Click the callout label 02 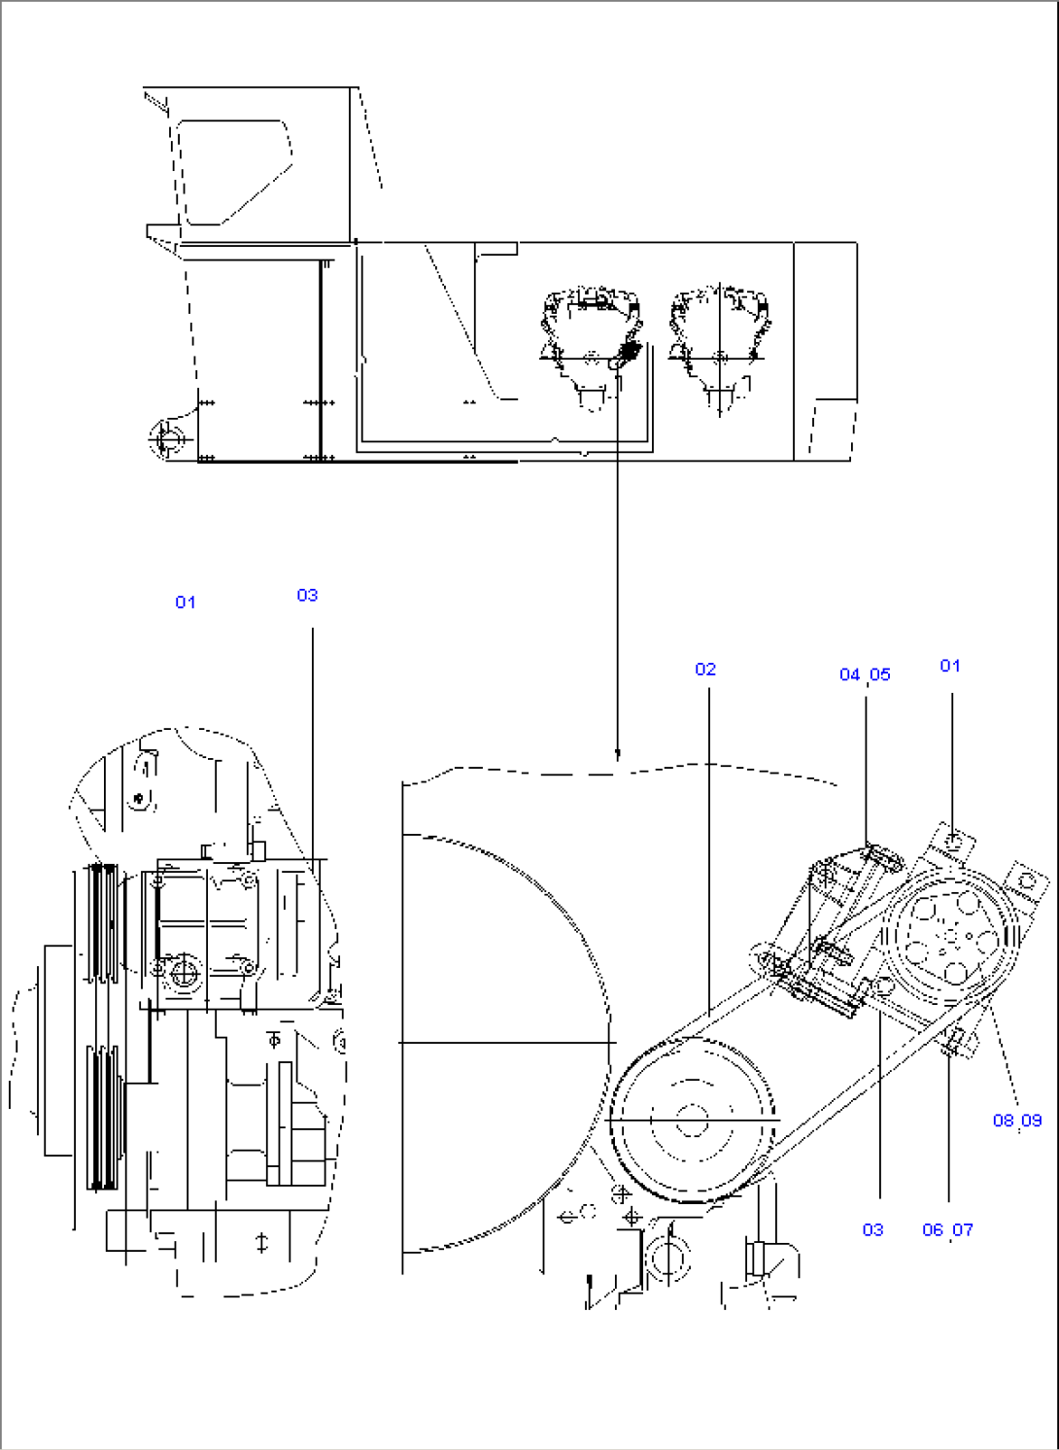pos(705,670)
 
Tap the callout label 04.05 pos(865,674)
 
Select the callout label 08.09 pos(1016,1121)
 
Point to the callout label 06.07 pos(947,1230)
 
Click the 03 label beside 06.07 pos(872,1230)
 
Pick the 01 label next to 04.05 pos(950,666)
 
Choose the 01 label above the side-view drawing pos(185,603)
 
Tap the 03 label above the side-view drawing pos(307,595)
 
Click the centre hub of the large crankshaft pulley pos(692,1120)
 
